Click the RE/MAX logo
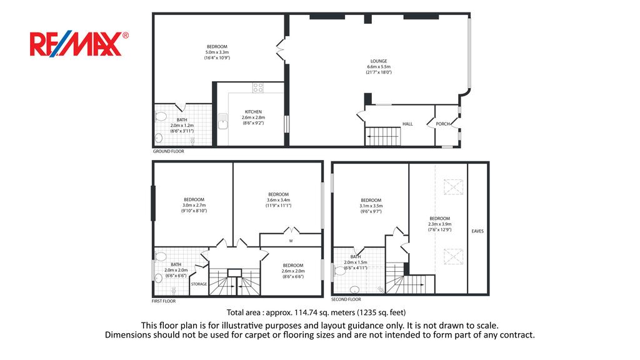pos(79,44)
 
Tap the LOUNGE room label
pos(379,61)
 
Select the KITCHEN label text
pos(253,112)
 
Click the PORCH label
pos(443,124)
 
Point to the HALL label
pos(407,124)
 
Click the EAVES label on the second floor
pos(477,231)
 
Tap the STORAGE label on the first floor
pos(199,284)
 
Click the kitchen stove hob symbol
pos(258,87)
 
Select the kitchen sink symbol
pos(222,121)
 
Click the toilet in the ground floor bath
pos(161,117)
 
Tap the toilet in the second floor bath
pos(339,271)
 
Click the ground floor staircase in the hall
pos(382,136)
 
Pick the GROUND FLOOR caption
pos(169,151)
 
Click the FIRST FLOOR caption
pos(164,301)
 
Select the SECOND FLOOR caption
pos(346,299)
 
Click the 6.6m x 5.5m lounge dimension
pos(379,67)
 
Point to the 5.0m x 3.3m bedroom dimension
pos(217,52)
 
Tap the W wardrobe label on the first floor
pos(291,241)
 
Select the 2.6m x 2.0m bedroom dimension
pos(293,271)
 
